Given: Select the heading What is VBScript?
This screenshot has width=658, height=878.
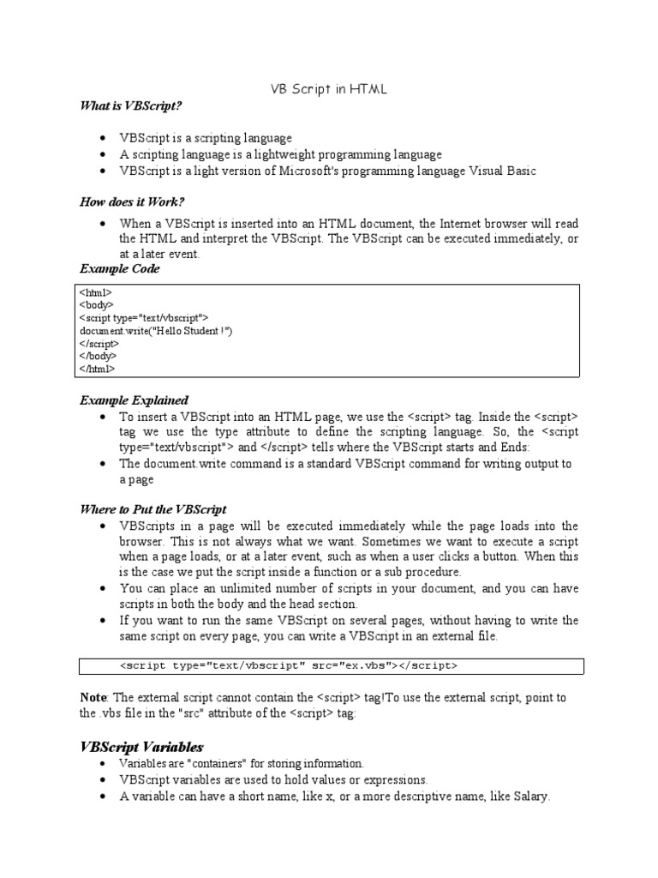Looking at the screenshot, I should tap(131, 105).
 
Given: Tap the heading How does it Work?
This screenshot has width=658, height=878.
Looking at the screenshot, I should tap(132, 202).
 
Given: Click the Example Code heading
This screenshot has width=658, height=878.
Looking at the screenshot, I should tap(120, 269).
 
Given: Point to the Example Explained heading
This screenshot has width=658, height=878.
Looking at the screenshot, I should tap(134, 400).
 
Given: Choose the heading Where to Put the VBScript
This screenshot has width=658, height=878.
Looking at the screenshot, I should tap(153, 509).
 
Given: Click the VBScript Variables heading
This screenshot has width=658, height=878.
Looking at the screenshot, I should tap(141, 746).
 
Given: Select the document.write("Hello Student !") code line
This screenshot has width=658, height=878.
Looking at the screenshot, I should tap(156, 330).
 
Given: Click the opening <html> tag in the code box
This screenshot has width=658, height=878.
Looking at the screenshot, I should tap(95, 292).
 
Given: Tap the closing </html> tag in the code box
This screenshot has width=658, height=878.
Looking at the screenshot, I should tap(97, 369).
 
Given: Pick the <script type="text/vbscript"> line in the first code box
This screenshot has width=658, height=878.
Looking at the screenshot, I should tap(144, 317).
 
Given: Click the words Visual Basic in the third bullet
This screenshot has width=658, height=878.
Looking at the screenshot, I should tap(499, 171).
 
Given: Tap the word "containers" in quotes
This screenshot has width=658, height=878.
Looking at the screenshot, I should tap(197, 763).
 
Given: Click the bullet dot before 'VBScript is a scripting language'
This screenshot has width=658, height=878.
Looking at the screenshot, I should tap(102, 138).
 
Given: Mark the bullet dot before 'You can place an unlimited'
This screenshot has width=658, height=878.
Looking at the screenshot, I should tap(102, 588).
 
